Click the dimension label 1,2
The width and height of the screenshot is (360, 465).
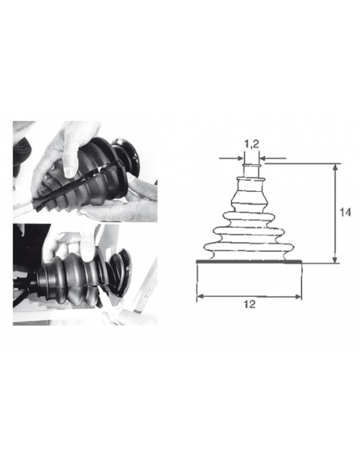tap(252, 144)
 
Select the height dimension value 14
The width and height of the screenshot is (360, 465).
tap(345, 213)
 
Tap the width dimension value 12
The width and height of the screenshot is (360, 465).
tap(249, 304)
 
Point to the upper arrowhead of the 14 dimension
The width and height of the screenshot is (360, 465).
tap(335, 167)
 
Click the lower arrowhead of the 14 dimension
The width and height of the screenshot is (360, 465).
tap(335, 260)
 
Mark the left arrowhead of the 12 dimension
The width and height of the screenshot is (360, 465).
tap(201, 296)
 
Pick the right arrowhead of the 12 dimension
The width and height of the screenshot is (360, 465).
tap(297, 296)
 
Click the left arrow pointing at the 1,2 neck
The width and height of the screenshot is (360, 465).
tap(231, 158)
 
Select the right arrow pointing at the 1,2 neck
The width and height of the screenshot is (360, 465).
tap(273, 158)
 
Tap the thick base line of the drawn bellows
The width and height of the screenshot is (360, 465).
tap(248, 261)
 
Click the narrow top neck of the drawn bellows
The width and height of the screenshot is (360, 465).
tap(252, 170)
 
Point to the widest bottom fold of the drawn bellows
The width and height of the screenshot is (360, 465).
tap(249, 248)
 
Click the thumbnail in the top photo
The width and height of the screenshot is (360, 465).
tap(68, 171)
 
